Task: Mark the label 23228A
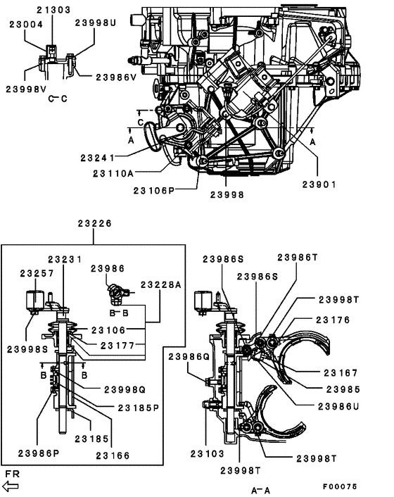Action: click(161, 284)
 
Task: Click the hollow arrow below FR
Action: click(12, 486)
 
